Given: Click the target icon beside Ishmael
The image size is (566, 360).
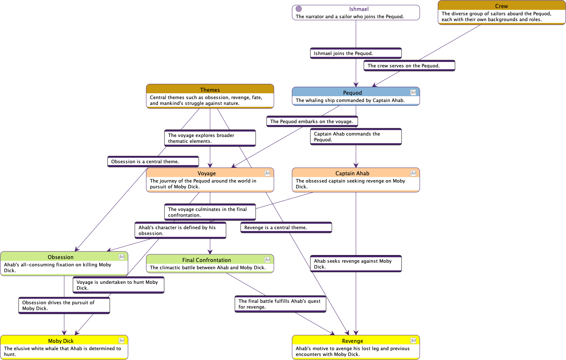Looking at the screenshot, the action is (299, 9).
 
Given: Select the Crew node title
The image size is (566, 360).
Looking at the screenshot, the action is (501, 6).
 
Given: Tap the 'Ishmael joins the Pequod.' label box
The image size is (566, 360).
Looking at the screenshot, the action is (356, 53).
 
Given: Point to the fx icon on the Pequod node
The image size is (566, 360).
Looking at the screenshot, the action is (413, 93).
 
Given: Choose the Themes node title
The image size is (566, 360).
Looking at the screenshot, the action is (210, 90).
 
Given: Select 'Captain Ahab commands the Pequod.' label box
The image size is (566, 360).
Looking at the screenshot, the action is (356, 137).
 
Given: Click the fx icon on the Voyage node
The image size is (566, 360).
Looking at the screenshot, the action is (267, 173).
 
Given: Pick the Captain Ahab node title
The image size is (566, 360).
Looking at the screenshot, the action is (352, 173).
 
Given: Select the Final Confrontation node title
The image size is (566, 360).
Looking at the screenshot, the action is (206, 260).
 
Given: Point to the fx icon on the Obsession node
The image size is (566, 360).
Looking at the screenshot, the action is (121, 257).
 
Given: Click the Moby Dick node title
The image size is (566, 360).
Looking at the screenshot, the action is (61, 341).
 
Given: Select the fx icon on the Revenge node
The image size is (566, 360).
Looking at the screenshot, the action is (413, 341).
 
